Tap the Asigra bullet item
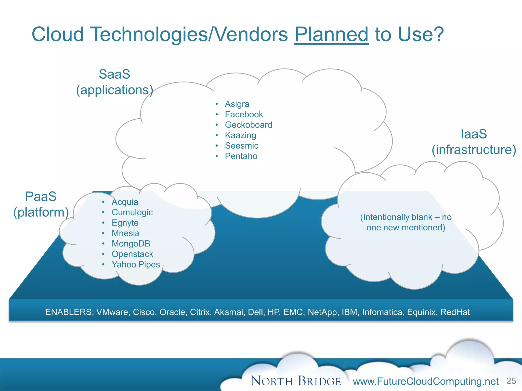(237, 104)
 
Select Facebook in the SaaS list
(244, 115)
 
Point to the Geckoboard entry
(248, 125)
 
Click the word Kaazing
(240, 135)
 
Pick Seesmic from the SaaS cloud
(241, 146)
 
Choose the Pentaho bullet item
(241, 156)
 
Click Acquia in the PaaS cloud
(125, 202)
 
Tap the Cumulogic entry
(132, 212)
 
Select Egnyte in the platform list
(125, 223)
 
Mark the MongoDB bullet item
(131, 244)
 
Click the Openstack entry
(132, 254)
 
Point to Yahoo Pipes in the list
(136, 264)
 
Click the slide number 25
(511, 381)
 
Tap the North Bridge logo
(296, 381)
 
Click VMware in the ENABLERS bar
(112, 312)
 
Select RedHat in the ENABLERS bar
(455, 312)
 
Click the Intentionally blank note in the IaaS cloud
(406, 222)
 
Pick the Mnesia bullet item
(125, 233)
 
